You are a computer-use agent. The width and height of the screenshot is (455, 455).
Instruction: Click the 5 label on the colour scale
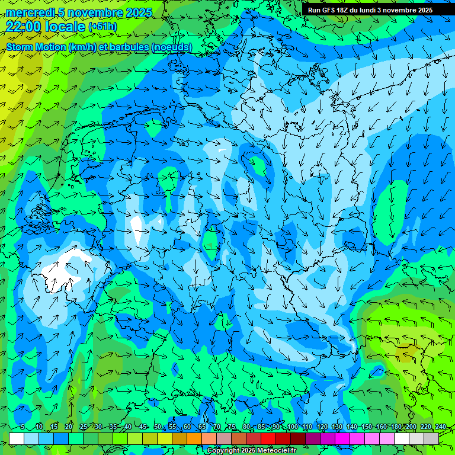(23, 427)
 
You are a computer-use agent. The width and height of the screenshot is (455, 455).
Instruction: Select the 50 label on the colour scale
(158, 427)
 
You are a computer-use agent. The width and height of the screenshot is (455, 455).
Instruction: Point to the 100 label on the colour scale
(293, 427)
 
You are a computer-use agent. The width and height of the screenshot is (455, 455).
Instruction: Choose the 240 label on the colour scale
(441, 427)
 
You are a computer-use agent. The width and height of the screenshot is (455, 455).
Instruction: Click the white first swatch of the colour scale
(17, 438)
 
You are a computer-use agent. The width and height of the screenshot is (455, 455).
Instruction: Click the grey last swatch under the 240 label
(431, 438)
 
